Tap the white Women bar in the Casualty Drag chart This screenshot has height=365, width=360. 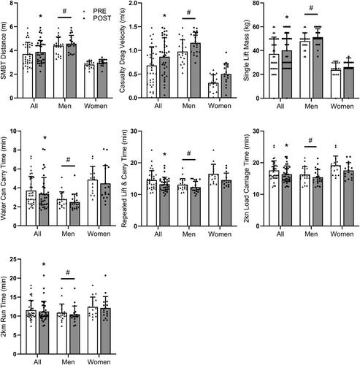(x=213, y=91)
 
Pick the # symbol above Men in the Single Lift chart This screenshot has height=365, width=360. (x=311, y=8)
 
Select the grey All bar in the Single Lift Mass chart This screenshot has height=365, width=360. (x=287, y=74)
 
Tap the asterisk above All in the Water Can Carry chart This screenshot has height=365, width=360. (x=45, y=138)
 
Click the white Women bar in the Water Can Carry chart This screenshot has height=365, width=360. (x=93, y=203)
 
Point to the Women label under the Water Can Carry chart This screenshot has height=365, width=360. (x=99, y=234)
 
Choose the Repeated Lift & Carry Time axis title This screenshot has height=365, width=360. (x=124, y=179)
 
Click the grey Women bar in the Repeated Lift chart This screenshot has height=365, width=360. (x=226, y=203)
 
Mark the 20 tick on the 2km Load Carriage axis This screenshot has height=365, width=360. (x=262, y=163)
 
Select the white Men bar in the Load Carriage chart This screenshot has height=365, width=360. (x=305, y=200)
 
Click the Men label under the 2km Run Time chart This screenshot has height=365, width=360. (x=68, y=362)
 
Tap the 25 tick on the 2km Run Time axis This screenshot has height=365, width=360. (x=15, y=259)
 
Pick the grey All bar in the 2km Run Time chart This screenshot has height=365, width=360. (x=44, y=333)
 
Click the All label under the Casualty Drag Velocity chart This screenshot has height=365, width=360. (x=158, y=106)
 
